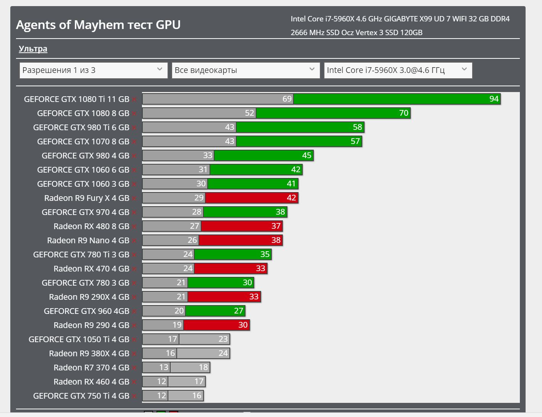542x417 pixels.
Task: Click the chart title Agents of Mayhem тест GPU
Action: click(x=98, y=25)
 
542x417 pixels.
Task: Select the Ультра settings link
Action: click(x=33, y=49)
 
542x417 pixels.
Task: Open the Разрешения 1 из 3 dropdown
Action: click(x=94, y=70)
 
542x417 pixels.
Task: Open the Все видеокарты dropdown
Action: click(x=245, y=70)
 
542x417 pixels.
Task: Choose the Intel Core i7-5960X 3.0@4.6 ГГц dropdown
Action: click(x=398, y=70)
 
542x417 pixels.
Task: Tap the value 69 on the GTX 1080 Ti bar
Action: click(x=287, y=99)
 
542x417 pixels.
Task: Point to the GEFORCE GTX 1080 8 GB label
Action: click(x=83, y=113)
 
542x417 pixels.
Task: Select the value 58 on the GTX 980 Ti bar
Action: click(x=357, y=127)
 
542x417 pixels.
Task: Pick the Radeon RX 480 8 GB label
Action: click(x=91, y=226)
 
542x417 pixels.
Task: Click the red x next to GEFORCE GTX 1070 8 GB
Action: click(x=134, y=142)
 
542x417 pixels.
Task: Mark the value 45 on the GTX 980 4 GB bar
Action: click(x=306, y=155)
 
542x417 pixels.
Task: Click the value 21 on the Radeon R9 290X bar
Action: click(x=181, y=297)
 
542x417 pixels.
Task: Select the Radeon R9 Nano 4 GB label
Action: click(x=88, y=241)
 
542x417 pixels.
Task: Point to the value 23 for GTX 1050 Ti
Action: click(x=223, y=339)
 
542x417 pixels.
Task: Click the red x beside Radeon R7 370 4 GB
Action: click(x=134, y=368)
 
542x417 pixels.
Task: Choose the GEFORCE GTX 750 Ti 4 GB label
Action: click(x=81, y=396)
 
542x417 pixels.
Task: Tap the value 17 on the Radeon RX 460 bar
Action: click(x=199, y=381)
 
